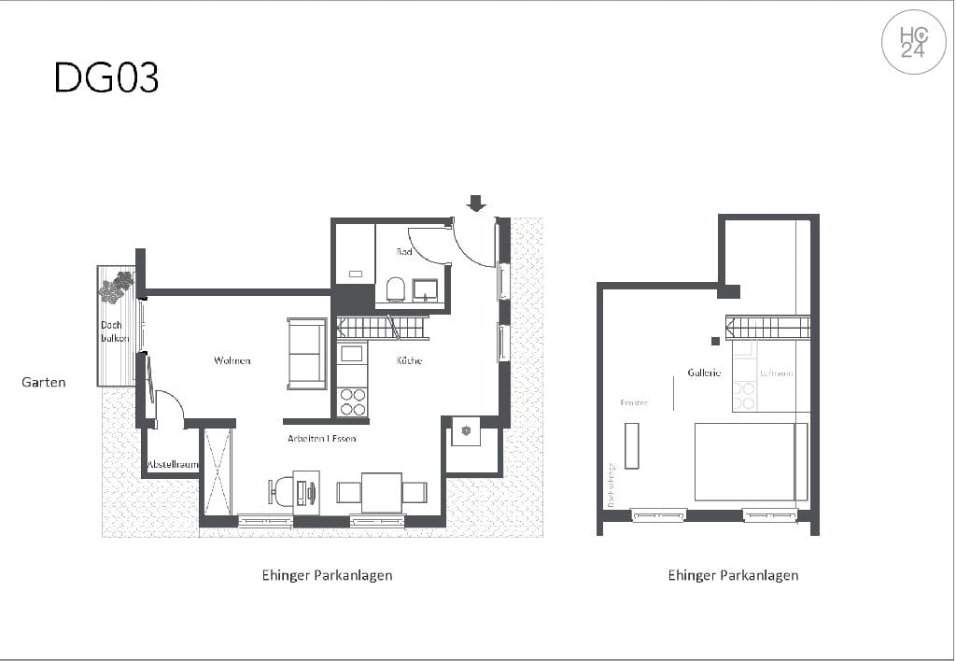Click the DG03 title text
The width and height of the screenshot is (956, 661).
106,78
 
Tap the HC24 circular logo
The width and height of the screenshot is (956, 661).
913,42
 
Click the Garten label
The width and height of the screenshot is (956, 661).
44,382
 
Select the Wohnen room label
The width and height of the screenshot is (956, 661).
232,360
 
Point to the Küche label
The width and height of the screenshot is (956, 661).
409,360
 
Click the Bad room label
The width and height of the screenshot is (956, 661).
403,252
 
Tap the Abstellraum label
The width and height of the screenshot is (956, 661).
173,464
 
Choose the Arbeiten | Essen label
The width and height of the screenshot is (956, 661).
321,438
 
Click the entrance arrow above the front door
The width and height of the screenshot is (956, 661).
476,203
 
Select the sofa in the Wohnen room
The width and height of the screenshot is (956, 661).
307,353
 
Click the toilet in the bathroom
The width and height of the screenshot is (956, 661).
395,288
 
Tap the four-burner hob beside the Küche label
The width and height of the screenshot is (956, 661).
353,401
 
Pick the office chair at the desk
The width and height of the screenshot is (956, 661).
281,491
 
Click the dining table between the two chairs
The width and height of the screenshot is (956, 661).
381,492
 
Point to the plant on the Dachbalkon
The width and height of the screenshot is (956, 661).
116,287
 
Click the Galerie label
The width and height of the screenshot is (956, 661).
704,373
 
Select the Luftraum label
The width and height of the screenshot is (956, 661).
776,373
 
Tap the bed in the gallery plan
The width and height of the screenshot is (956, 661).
750,461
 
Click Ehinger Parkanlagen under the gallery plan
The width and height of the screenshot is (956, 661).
733,575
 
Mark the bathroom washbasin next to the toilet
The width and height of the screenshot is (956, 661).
426,289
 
